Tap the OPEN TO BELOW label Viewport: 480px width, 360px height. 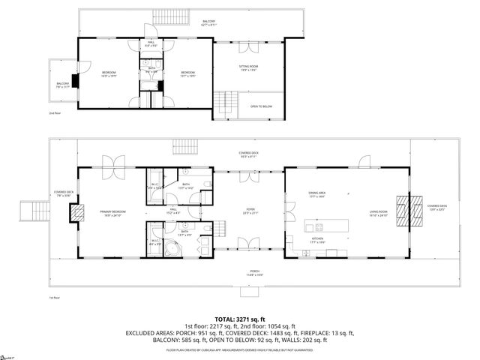point(260,106)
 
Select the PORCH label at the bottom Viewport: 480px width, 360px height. point(254,272)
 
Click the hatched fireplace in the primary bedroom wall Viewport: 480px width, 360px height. point(75,214)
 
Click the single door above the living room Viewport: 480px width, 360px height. point(364,161)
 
